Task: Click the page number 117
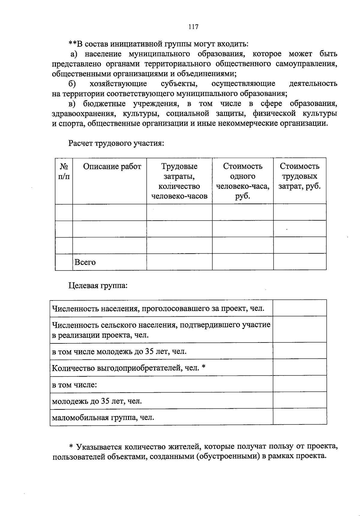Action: (x=193, y=27)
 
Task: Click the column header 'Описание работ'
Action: (x=112, y=167)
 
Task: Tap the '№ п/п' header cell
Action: (x=64, y=171)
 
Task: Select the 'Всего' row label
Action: (x=85, y=262)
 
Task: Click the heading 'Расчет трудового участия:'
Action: (x=116, y=143)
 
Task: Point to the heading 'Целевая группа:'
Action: (x=98, y=285)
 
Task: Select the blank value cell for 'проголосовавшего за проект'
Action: (x=299, y=308)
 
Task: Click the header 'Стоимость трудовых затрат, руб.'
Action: (x=299, y=176)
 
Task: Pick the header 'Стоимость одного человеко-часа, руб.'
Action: (x=242, y=181)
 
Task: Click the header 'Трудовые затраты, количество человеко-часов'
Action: (x=179, y=181)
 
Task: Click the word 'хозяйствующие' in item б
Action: (x=118, y=83)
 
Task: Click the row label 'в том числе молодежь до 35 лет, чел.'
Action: (x=119, y=351)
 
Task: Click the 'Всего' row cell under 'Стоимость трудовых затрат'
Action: (x=299, y=262)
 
